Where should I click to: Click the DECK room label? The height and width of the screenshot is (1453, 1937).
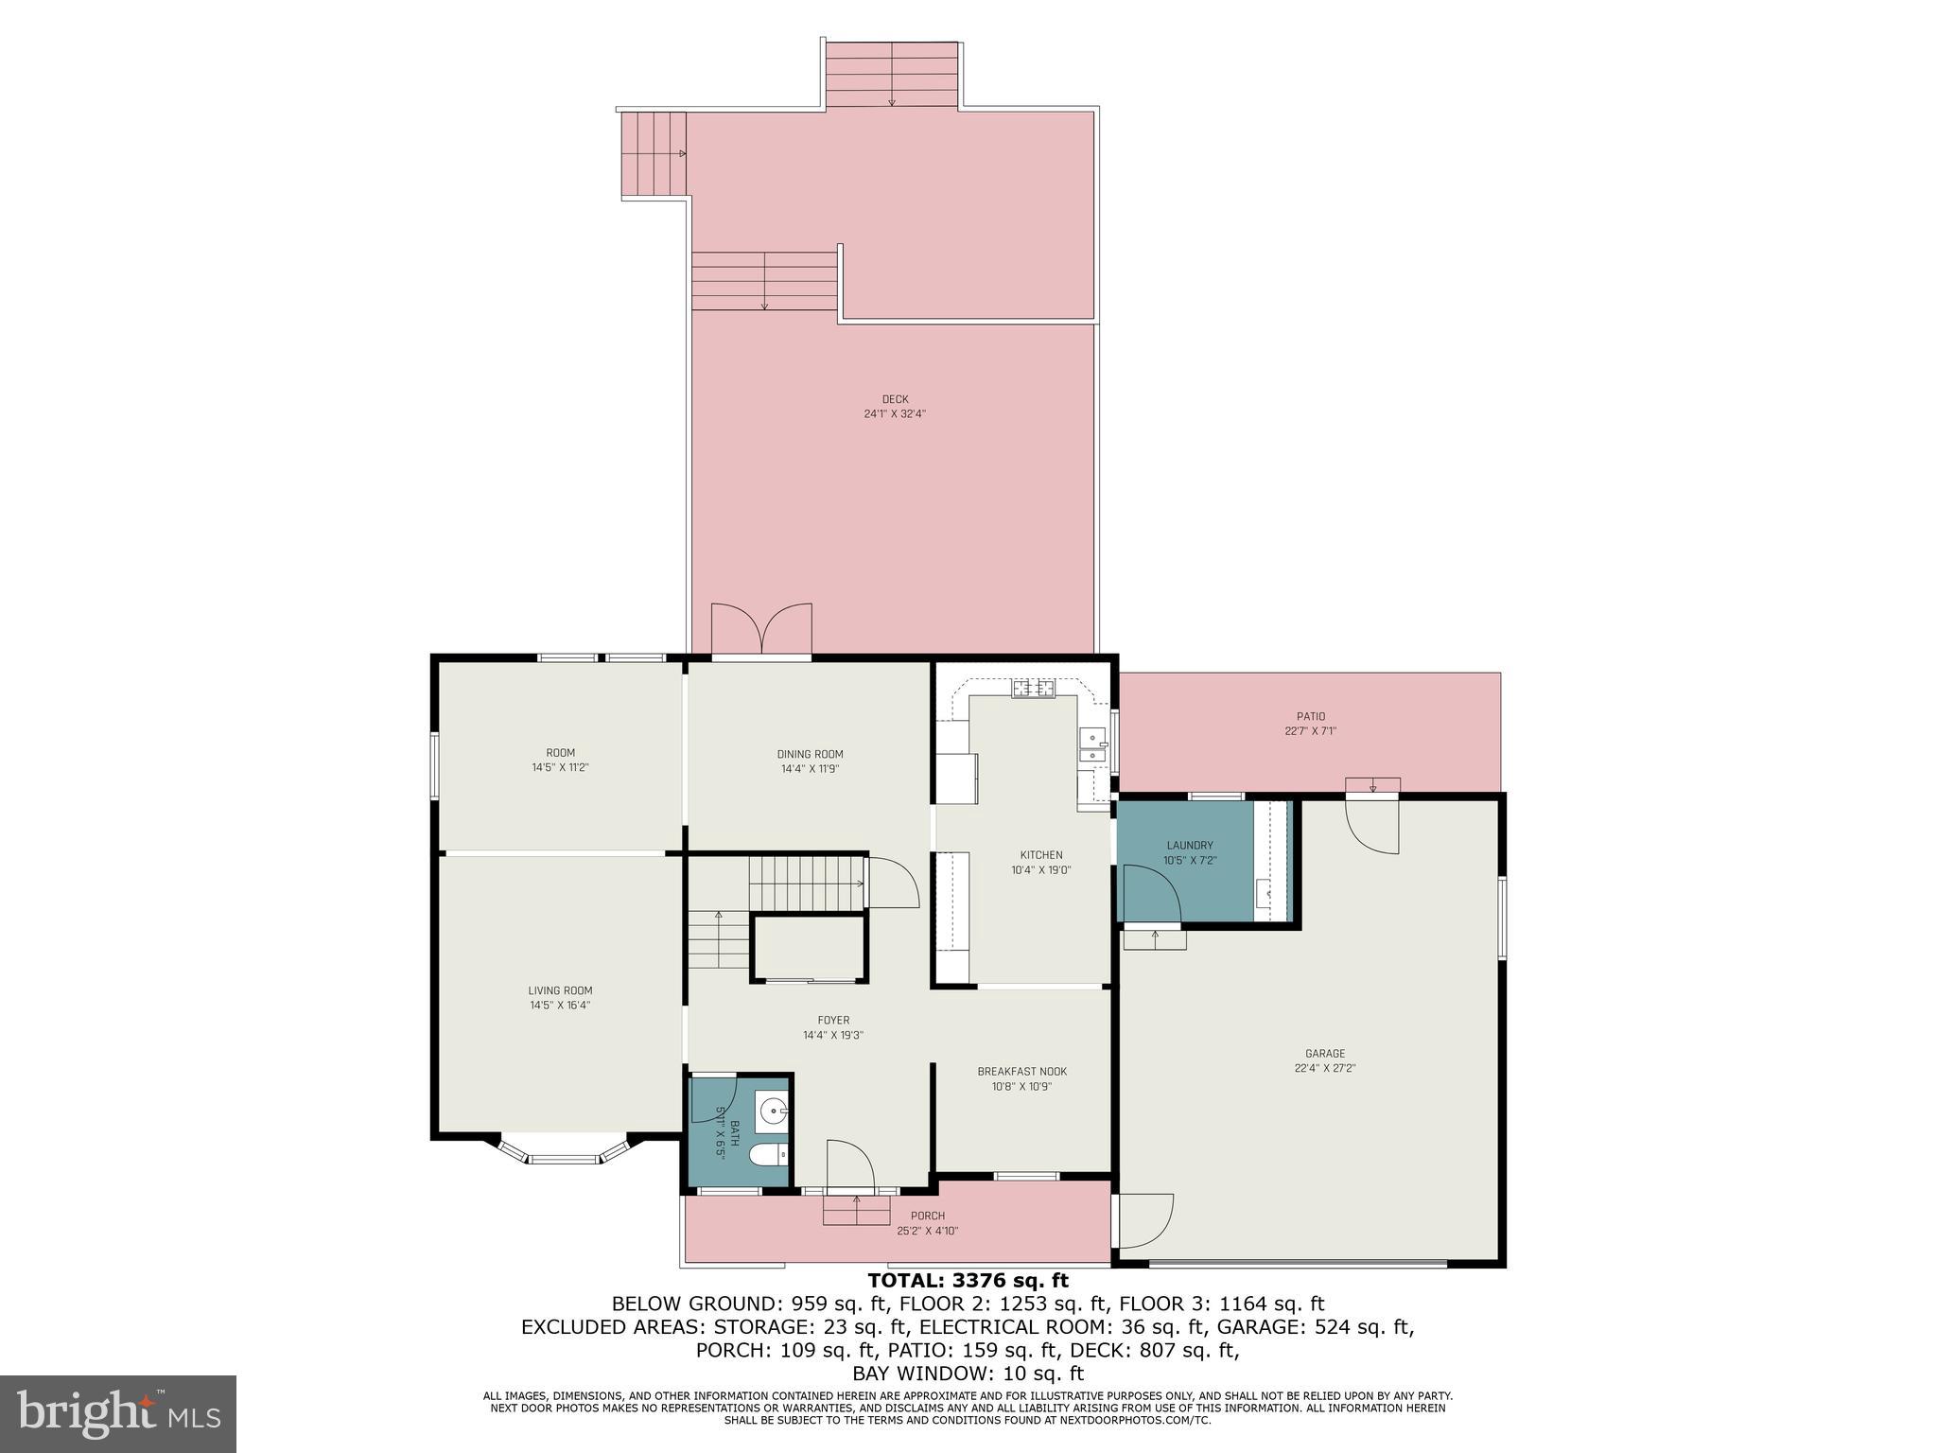(x=894, y=399)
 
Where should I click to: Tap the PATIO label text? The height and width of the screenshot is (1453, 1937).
(x=1310, y=717)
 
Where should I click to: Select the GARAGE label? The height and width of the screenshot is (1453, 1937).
(x=1324, y=1054)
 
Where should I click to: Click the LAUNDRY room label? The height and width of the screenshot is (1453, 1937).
(x=1189, y=846)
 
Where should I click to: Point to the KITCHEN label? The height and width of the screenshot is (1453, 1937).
(x=1040, y=855)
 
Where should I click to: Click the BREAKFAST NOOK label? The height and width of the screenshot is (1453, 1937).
(x=1021, y=1072)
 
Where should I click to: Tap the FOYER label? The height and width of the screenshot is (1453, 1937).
(x=833, y=1021)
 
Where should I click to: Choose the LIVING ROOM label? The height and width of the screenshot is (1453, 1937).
(x=560, y=991)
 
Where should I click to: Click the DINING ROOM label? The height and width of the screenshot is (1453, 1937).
(x=810, y=755)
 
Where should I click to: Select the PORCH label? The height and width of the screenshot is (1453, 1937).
(x=927, y=1217)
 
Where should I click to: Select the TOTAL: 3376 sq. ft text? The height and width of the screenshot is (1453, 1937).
(x=968, y=1281)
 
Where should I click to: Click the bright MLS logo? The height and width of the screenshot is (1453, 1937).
(x=117, y=1413)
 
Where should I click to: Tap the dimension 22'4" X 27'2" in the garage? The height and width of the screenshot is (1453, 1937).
(x=1325, y=1069)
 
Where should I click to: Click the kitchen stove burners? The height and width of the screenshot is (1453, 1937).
(x=1033, y=689)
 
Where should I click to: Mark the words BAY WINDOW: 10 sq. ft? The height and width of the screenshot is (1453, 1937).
(x=968, y=1374)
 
